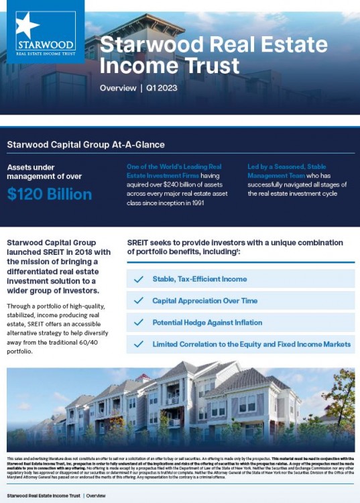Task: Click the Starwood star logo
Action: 28,25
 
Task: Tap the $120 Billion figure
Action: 50,194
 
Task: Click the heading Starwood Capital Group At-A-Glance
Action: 85,144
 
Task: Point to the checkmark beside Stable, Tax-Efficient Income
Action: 139,279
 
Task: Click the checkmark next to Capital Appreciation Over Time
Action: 139,301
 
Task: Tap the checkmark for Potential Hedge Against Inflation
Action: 139,323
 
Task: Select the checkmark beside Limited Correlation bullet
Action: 139,344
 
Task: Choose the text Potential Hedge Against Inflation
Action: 207,323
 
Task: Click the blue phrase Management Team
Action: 276,175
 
